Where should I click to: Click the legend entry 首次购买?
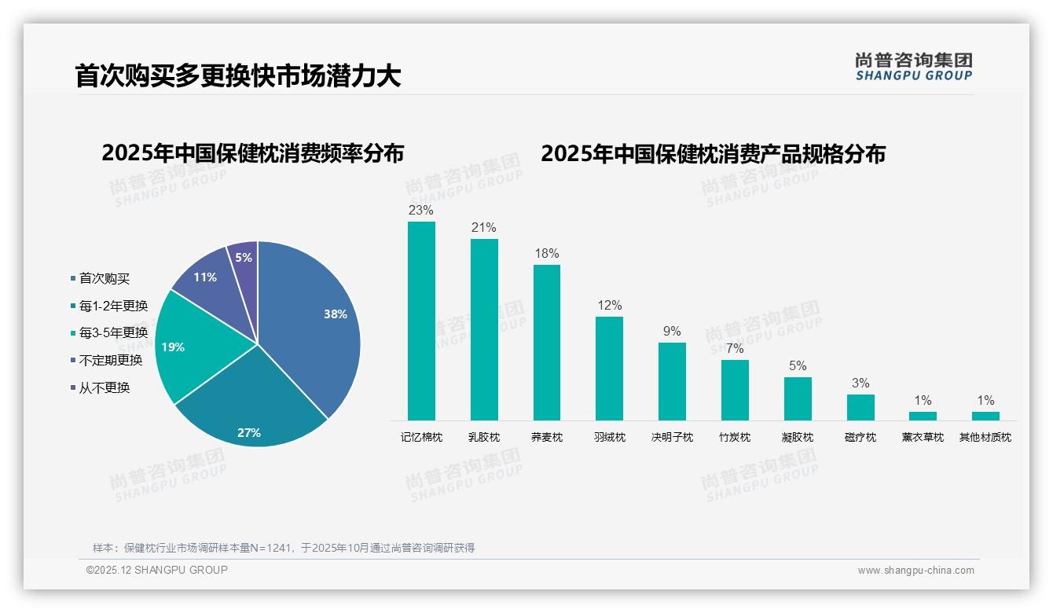pos(105,278)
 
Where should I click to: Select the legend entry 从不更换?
pos(105,387)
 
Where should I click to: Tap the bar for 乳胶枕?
pos(484,329)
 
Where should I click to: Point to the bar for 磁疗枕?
pos(860,407)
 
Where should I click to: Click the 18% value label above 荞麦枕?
pos(546,254)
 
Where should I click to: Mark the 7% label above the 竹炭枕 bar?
pos(735,349)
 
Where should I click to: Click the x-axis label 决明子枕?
pos(672,437)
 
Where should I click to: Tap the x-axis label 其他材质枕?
pos(985,437)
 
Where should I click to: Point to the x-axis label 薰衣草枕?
pos(923,437)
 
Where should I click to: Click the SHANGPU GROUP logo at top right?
pos(913,67)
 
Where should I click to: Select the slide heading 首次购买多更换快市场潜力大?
pos(238,75)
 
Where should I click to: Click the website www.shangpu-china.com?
pos(915,571)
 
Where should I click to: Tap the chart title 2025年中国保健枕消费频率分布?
pos(252,153)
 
